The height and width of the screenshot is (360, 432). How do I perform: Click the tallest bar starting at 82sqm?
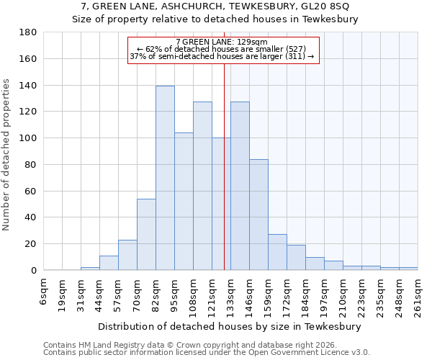click(x=165, y=178)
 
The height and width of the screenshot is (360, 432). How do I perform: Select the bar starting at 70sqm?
click(x=146, y=235)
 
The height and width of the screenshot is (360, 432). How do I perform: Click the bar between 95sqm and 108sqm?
click(x=184, y=202)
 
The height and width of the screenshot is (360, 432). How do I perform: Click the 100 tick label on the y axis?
click(x=29, y=138)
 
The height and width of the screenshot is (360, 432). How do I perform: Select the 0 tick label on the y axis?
click(x=34, y=271)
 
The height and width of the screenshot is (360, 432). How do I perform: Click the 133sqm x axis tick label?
click(x=230, y=295)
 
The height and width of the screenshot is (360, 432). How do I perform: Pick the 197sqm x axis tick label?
click(x=324, y=295)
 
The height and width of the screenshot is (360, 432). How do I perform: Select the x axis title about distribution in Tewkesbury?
click(x=229, y=326)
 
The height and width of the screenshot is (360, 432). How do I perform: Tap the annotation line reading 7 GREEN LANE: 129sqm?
click(x=221, y=42)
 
